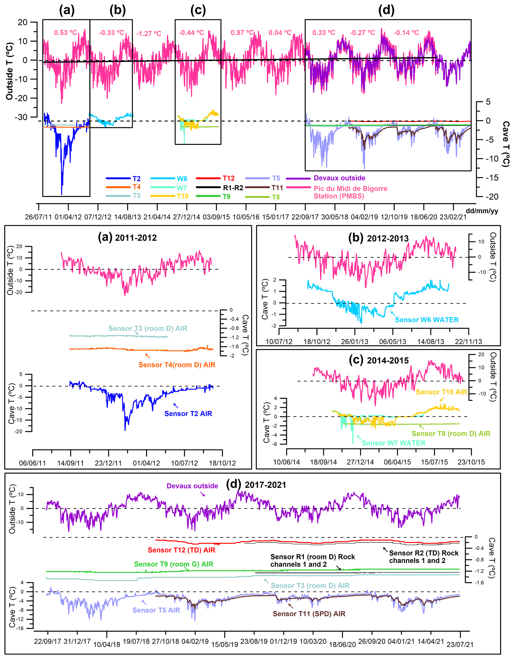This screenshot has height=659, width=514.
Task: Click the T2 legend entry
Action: [x=136, y=179]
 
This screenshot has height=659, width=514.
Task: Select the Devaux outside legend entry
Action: [x=339, y=178]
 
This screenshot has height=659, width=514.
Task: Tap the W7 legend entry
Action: [x=182, y=188]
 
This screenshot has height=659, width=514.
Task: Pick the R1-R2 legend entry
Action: [x=233, y=188]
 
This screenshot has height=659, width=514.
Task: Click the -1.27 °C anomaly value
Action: [x=149, y=34]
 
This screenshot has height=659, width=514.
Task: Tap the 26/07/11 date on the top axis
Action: [x=38, y=217]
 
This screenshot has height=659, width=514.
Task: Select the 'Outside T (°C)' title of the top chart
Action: [x=10, y=71]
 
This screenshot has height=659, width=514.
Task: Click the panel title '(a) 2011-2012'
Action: [x=127, y=237]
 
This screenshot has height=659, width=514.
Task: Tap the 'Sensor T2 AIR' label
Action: [x=188, y=414]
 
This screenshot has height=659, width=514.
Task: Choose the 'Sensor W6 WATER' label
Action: [x=426, y=320]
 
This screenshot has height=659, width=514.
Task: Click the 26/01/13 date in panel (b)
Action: [x=355, y=341]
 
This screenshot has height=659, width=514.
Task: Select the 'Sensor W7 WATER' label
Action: [x=393, y=443]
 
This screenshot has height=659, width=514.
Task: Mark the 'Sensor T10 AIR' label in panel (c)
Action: [x=441, y=392]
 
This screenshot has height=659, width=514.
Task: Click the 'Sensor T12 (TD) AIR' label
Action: [x=182, y=550]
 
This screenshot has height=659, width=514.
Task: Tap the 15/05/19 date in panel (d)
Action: [x=224, y=645]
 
